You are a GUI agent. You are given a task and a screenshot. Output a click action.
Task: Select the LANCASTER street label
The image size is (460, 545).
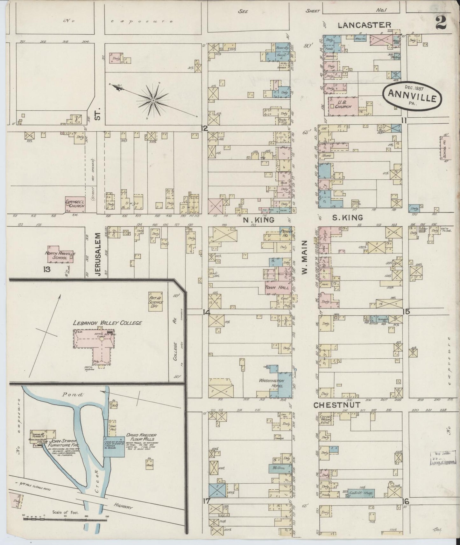pos(364,25)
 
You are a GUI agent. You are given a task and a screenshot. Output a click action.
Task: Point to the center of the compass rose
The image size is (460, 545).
pos(153,101)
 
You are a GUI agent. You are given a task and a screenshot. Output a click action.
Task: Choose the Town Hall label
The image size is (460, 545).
pos(277,287)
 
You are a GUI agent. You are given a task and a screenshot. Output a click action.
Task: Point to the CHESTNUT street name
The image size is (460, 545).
pos(337,405)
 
